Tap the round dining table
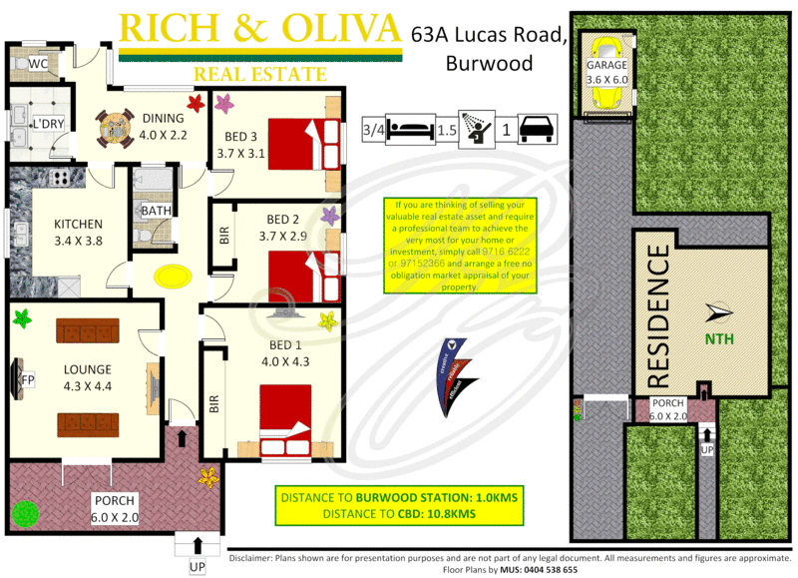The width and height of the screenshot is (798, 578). [x=116, y=127]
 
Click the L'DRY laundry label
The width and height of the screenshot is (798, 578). [x=47, y=124]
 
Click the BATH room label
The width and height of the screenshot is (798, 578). [x=155, y=212]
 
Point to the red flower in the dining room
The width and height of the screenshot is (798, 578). [x=196, y=103]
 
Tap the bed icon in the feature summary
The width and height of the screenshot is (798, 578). [x=409, y=129]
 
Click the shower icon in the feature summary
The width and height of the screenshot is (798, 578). [x=476, y=129]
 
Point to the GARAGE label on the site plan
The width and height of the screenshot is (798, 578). [x=606, y=65]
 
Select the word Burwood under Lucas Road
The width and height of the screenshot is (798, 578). [x=489, y=64]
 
